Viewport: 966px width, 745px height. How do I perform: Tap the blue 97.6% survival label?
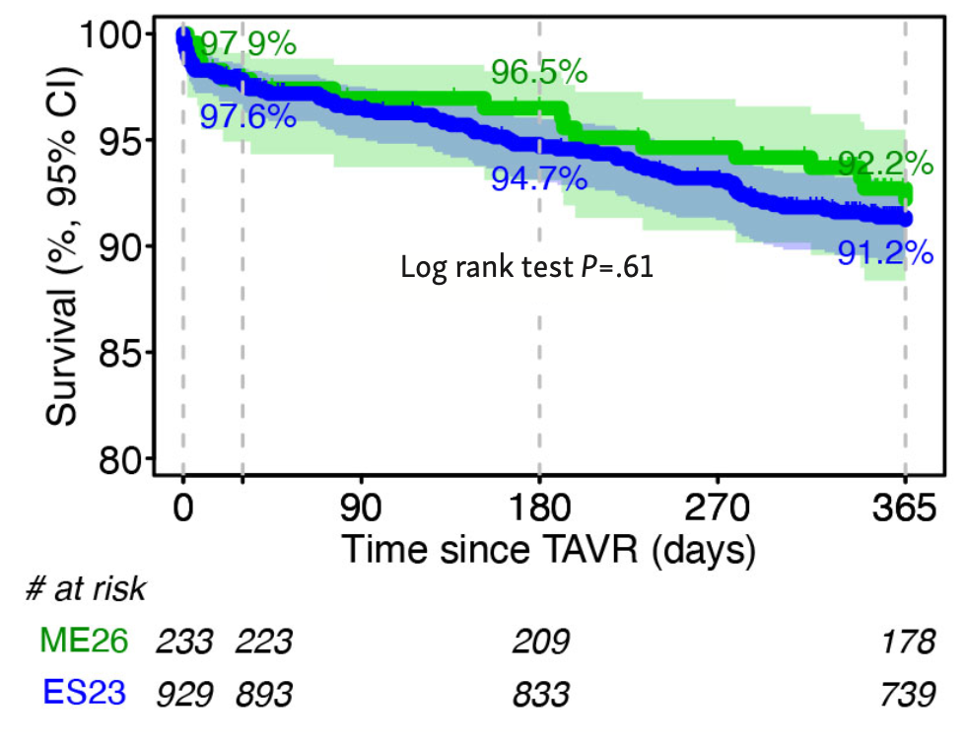click(x=247, y=117)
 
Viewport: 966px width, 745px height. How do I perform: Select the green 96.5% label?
click(x=537, y=73)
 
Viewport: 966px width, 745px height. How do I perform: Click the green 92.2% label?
click(x=884, y=163)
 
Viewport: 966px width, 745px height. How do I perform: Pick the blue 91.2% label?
click(x=884, y=253)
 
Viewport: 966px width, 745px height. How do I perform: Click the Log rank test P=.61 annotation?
click(x=526, y=267)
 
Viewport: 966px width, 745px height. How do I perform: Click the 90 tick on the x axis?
click(x=362, y=509)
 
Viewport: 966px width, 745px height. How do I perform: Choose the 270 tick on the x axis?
click(x=718, y=509)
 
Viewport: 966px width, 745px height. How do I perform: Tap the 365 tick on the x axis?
click(x=905, y=509)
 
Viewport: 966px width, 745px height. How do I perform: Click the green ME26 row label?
click(x=84, y=642)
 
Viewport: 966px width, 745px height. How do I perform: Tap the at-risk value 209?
click(x=540, y=642)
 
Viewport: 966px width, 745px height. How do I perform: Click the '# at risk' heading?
click(x=87, y=589)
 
